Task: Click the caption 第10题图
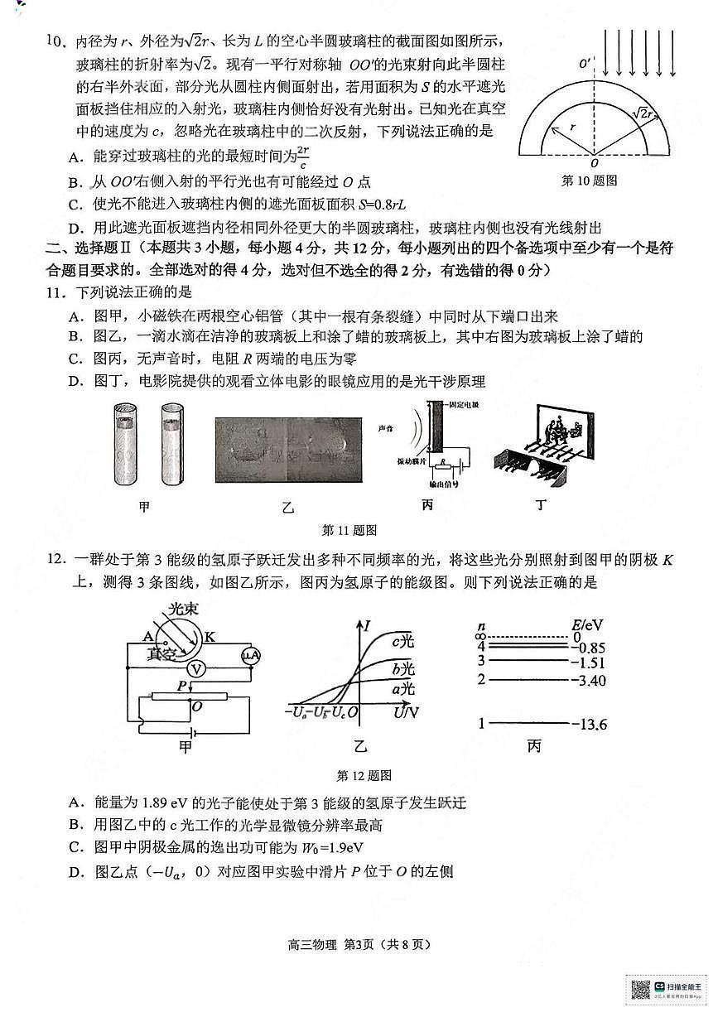[589, 180]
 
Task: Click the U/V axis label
[407, 711]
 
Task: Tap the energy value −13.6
[589, 725]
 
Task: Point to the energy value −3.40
[589, 680]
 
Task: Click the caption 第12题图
[364, 775]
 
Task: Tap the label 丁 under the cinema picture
[540, 506]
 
